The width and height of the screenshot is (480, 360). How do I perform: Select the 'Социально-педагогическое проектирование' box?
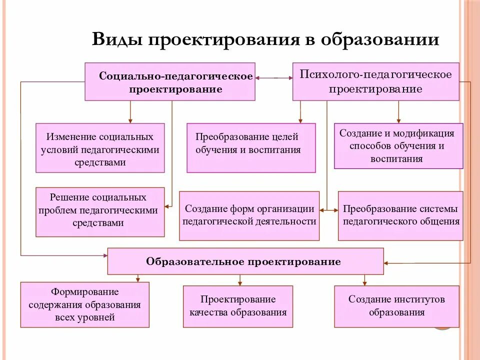click(170, 81)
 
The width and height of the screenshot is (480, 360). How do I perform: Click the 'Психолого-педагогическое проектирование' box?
click(375, 81)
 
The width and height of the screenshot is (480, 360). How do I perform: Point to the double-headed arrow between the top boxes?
click(273, 77)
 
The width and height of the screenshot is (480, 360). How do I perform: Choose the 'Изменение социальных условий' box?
click(100, 148)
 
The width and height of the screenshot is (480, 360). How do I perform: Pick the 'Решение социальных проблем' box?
click(100, 211)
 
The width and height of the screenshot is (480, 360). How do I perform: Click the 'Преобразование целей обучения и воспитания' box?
click(251, 148)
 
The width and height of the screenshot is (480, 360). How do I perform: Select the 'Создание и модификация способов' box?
click(398, 146)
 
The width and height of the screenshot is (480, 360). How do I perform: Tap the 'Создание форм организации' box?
click(249, 215)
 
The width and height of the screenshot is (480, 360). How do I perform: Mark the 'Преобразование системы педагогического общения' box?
click(400, 215)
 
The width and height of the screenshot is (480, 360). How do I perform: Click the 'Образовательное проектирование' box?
click(245, 261)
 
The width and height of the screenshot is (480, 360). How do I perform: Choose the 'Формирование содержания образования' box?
click(84, 304)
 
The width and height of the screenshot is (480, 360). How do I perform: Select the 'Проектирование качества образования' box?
click(238, 306)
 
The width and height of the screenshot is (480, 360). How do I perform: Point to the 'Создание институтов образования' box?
click(396, 306)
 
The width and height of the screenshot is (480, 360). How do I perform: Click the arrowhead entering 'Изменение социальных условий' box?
click(130, 120)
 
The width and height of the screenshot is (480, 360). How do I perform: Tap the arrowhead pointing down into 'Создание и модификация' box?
click(398, 120)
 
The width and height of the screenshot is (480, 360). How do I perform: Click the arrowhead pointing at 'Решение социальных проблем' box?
click(167, 206)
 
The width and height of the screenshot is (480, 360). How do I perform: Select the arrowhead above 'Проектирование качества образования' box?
click(240, 283)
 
